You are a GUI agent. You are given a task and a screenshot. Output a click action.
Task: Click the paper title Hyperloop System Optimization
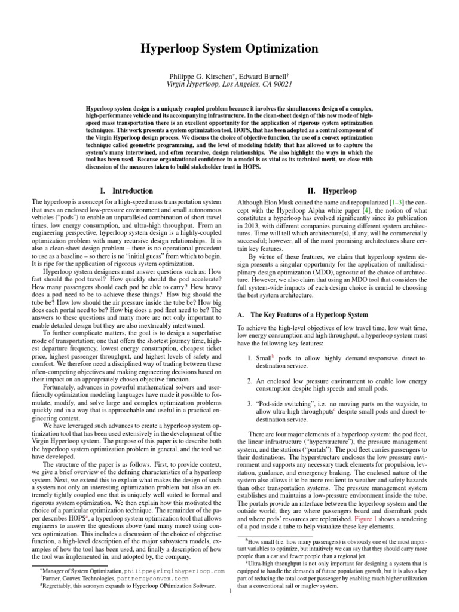[229, 49]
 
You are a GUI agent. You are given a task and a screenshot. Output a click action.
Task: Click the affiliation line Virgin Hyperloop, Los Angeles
[229, 85]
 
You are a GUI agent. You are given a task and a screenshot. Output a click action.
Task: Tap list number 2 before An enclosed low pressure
[250, 380]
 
